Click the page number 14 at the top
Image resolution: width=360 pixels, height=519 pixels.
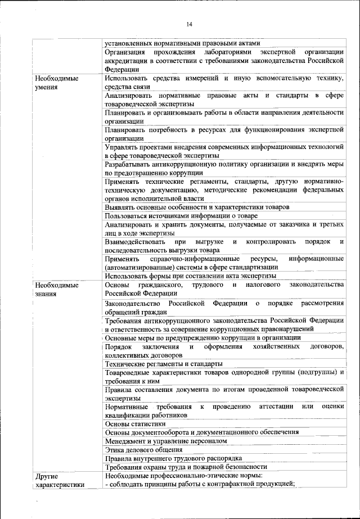click(189, 24)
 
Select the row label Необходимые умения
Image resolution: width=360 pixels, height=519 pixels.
click(56, 83)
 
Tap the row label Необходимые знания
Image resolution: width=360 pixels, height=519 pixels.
click(56, 290)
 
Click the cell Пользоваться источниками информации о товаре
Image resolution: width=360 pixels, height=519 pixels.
click(181, 215)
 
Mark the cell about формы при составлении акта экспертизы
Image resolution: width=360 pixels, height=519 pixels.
click(190, 276)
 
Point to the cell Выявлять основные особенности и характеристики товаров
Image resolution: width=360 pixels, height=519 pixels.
click(197, 207)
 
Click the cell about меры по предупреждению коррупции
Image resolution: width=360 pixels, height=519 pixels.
click(202, 338)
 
